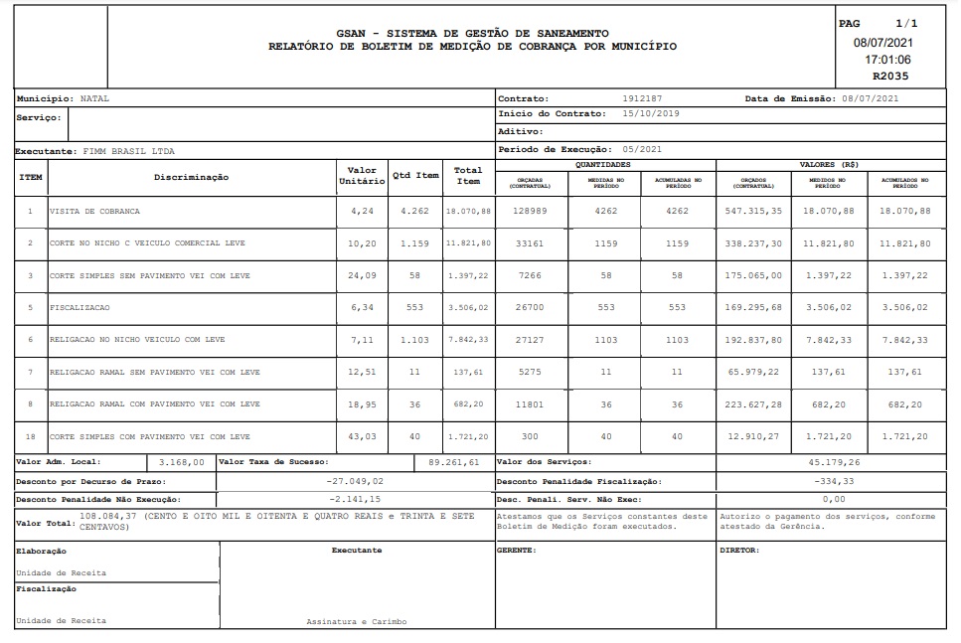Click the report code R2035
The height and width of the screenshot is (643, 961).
[889, 76]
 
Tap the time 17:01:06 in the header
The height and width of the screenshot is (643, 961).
[887, 60]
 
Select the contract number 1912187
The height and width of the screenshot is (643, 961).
[641, 99]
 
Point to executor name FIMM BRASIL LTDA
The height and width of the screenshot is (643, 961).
[127, 151]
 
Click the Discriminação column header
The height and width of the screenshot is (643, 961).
[191, 177]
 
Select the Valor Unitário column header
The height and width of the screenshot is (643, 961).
[362, 176]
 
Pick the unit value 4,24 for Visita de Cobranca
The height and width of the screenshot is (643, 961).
[362, 212]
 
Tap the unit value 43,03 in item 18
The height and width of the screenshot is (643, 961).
[362, 436]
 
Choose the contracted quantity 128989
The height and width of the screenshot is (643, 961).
[531, 212]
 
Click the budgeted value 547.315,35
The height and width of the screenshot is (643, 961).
[753, 212]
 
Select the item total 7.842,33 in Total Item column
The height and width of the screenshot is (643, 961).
[468, 340]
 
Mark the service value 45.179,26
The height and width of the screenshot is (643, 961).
[834, 462]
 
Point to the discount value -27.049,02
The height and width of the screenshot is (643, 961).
[355, 481]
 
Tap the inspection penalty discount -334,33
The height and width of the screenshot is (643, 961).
[834, 481]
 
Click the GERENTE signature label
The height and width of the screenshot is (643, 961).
[516, 550]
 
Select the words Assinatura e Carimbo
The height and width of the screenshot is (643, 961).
[356, 621]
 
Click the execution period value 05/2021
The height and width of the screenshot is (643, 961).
[640, 149]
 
